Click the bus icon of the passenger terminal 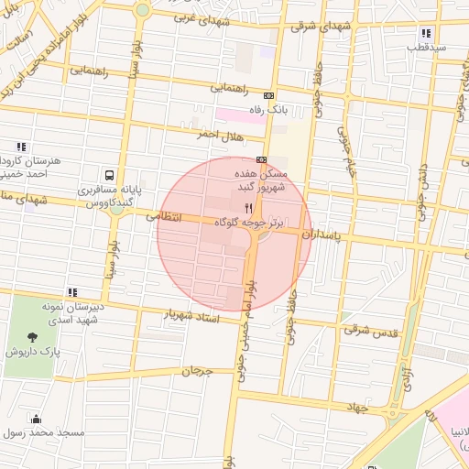[x=110, y=175]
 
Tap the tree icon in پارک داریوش [x=34, y=337]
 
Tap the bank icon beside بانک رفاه [x=268, y=95]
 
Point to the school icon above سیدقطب [x=427, y=32]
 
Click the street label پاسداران [x=331, y=236]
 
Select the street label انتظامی [x=165, y=217]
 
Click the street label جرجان [x=196, y=372]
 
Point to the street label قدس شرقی [x=371, y=329]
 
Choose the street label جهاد [x=354, y=406]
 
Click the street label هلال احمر [x=218, y=134]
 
